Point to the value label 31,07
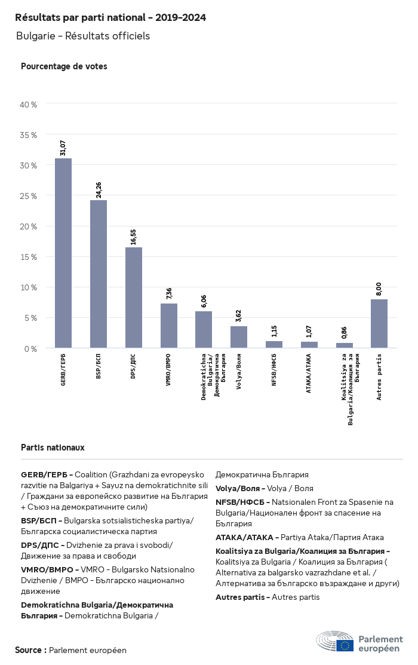point(63,148)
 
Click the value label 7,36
point(169,293)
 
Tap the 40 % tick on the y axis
point(29,105)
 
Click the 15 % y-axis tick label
point(29,257)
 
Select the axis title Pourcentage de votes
point(64,66)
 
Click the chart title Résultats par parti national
point(110,18)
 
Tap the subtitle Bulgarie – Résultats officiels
point(83,36)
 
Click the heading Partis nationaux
point(53,447)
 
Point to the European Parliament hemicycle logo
point(335,641)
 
